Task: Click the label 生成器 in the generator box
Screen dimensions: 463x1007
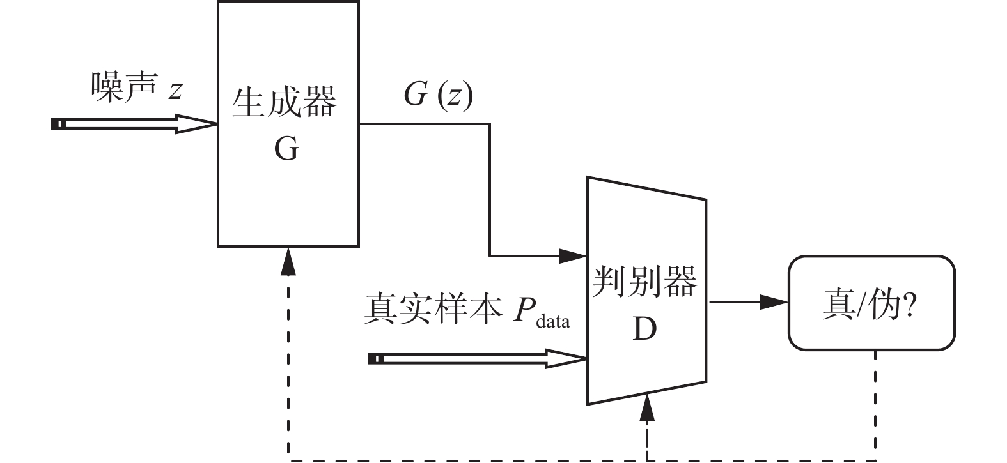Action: [284, 102]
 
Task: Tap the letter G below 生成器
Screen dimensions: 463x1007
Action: [286, 149]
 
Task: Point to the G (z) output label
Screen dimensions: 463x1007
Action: [438, 95]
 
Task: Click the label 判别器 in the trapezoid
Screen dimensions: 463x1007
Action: [644, 282]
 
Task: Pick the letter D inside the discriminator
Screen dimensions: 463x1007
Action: [644, 329]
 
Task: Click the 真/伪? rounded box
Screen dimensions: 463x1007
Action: [871, 303]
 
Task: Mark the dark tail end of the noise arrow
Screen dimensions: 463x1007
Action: [58, 124]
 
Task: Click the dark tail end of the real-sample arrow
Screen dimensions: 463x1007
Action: [376, 359]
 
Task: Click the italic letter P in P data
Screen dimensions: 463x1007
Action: [522, 310]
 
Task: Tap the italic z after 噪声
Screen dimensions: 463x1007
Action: [175, 89]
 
